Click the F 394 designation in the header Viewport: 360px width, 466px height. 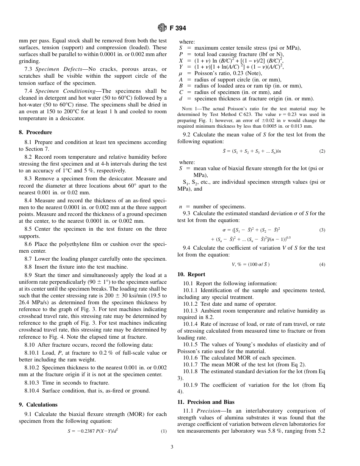[178, 28]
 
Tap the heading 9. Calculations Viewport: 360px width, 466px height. [38, 405]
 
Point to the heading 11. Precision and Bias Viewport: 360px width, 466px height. [206, 402]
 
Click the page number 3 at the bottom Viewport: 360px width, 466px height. [172, 447]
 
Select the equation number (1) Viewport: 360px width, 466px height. [164, 431]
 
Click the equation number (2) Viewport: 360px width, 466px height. [322, 151]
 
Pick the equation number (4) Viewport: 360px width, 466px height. [322, 264]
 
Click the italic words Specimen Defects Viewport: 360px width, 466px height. [54, 69]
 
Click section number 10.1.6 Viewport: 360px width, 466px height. [190, 358]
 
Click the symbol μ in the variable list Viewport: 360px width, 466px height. [181, 73]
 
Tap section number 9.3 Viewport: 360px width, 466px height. [186, 213]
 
